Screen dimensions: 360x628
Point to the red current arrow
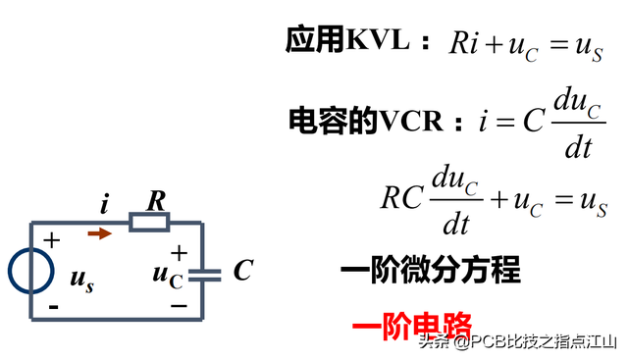[100, 233]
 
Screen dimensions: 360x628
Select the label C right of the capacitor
[242, 271]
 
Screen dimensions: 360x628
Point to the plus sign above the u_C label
[179, 253]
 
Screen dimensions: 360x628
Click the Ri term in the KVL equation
[464, 44]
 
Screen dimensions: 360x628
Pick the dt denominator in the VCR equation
[578, 148]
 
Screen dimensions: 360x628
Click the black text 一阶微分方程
[430, 270]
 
